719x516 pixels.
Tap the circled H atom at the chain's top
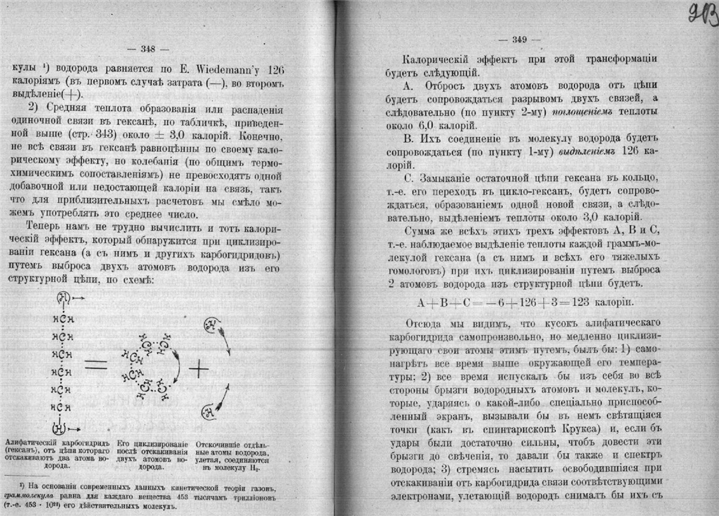(x=62, y=298)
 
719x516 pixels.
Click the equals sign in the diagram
(x=96, y=365)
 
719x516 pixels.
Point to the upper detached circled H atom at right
(x=210, y=324)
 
